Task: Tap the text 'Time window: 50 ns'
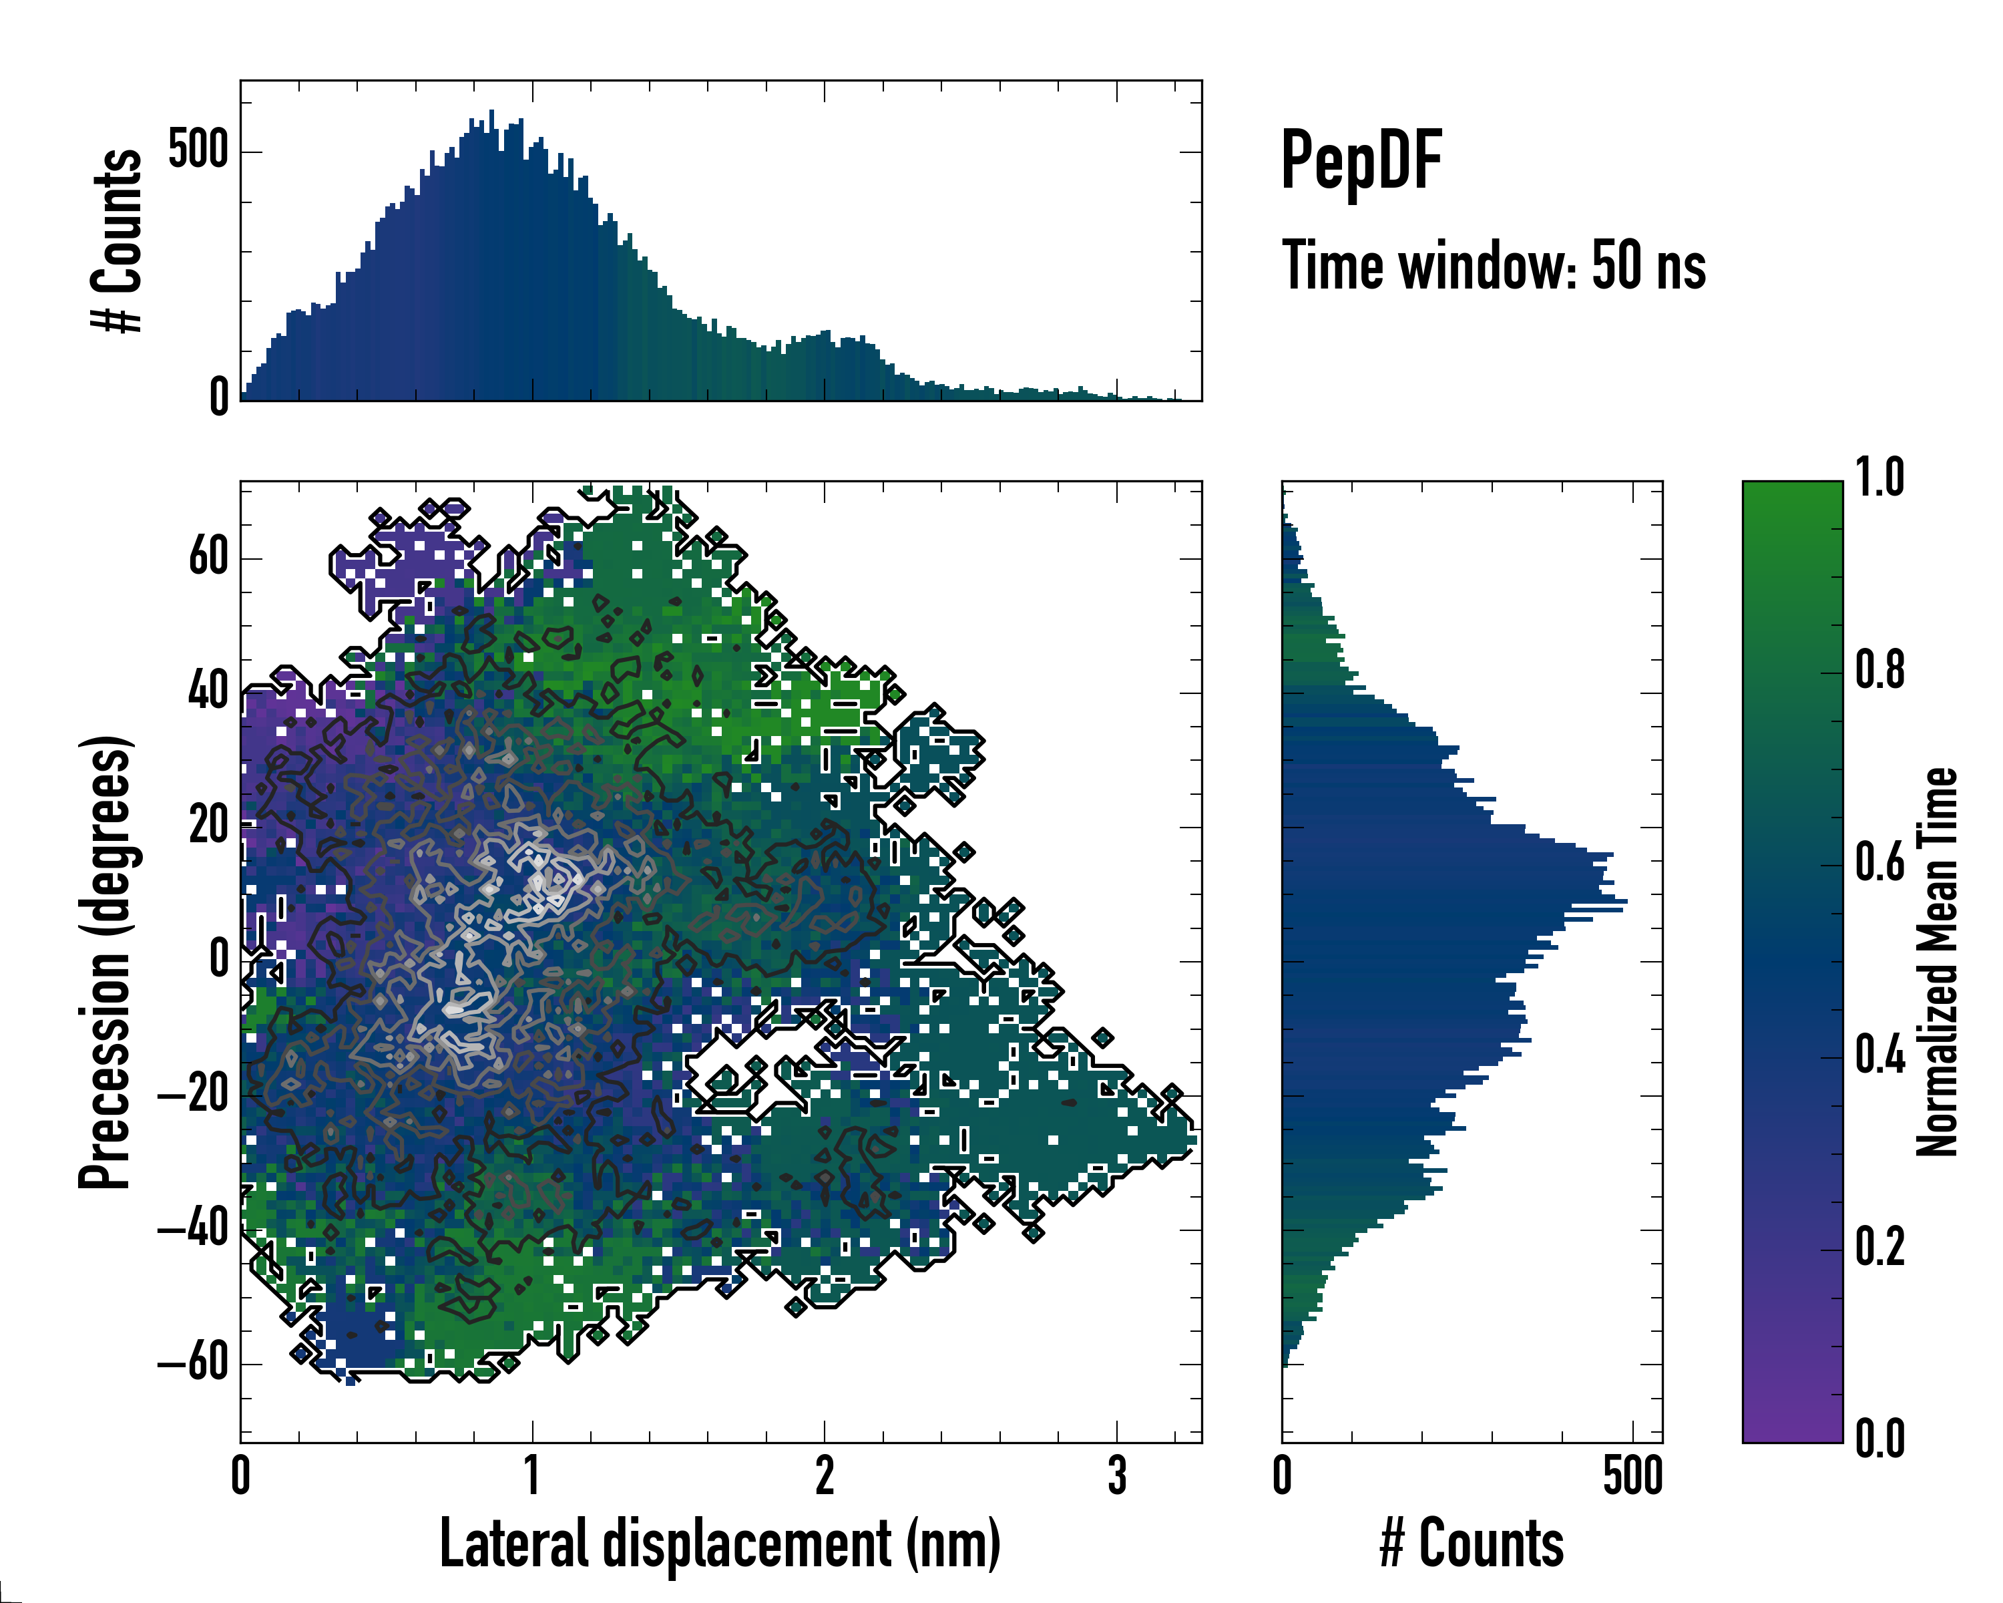pos(1493,266)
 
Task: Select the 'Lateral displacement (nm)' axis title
pos(720,1543)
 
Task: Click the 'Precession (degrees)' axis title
pos(105,962)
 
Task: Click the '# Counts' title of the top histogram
pos(117,240)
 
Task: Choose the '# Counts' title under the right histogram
pos(1472,1543)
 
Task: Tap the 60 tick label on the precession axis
pos(208,558)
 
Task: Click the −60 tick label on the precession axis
pos(193,1363)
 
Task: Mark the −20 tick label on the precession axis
pos(193,1095)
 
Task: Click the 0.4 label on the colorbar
pos(1879,1056)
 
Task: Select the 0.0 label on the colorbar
pos(1879,1439)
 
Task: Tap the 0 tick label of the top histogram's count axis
pos(219,397)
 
